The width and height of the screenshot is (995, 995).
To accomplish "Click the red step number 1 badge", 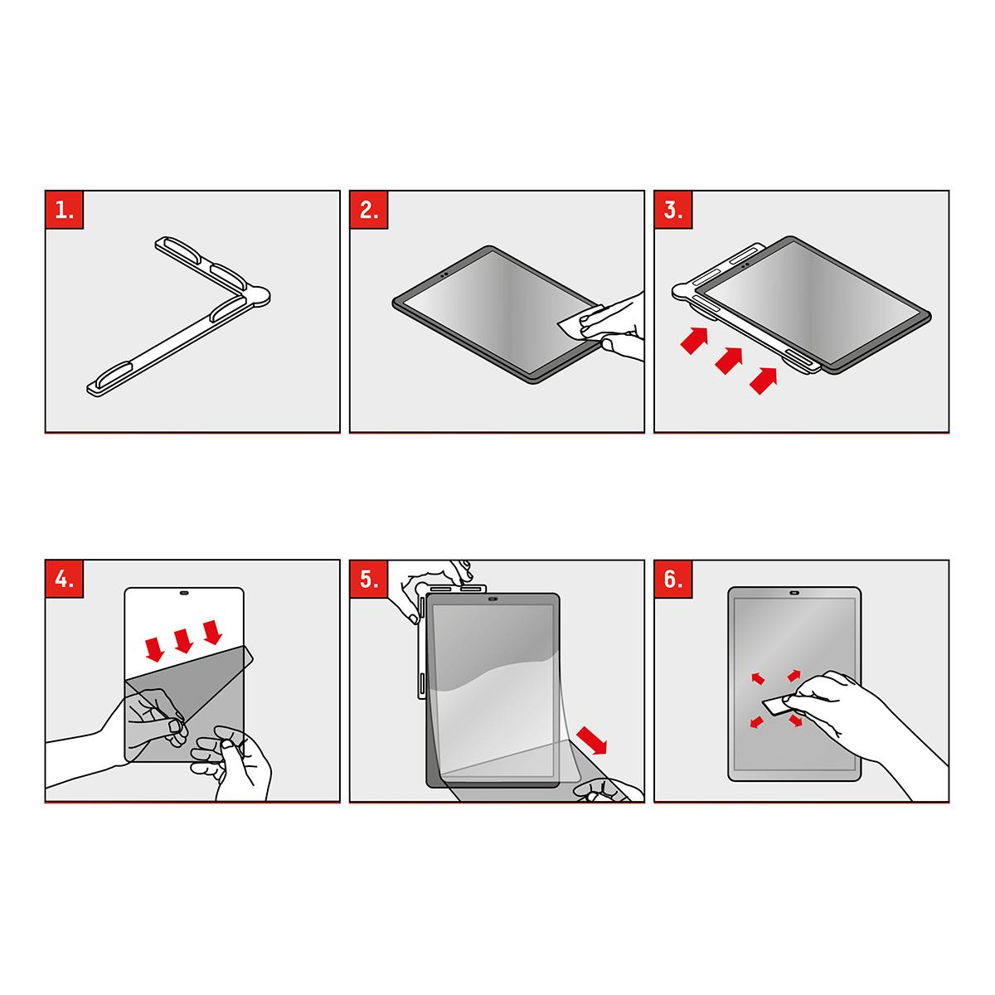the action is [x=65, y=210].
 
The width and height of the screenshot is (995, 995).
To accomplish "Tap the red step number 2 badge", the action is [x=369, y=210].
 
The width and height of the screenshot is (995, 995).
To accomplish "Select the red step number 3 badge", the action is [x=673, y=210].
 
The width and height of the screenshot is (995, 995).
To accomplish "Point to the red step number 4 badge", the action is [x=65, y=580].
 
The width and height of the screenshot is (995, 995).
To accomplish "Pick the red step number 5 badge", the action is [x=369, y=580].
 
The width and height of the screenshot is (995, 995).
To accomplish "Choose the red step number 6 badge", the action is [x=673, y=580].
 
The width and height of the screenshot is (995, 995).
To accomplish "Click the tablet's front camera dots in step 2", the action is [x=444, y=274].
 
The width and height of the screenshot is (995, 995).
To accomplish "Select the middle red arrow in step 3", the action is [x=729, y=360].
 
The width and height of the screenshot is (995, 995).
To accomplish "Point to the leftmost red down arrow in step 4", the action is [x=154, y=649].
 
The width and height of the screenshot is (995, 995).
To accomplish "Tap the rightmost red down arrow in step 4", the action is [x=212, y=633].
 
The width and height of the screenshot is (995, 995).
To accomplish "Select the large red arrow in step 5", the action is [x=592, y=740].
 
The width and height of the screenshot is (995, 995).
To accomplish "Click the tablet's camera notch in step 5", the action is [x=493, y=599].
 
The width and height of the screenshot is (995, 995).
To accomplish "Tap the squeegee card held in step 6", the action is [x=777, y=706].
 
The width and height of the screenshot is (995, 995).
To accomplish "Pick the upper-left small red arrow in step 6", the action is [x=758, y=678].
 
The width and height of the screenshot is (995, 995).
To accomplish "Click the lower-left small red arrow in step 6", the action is [x=757, y=722].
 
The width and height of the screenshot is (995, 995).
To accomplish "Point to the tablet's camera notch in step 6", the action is [x=794, y=594].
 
